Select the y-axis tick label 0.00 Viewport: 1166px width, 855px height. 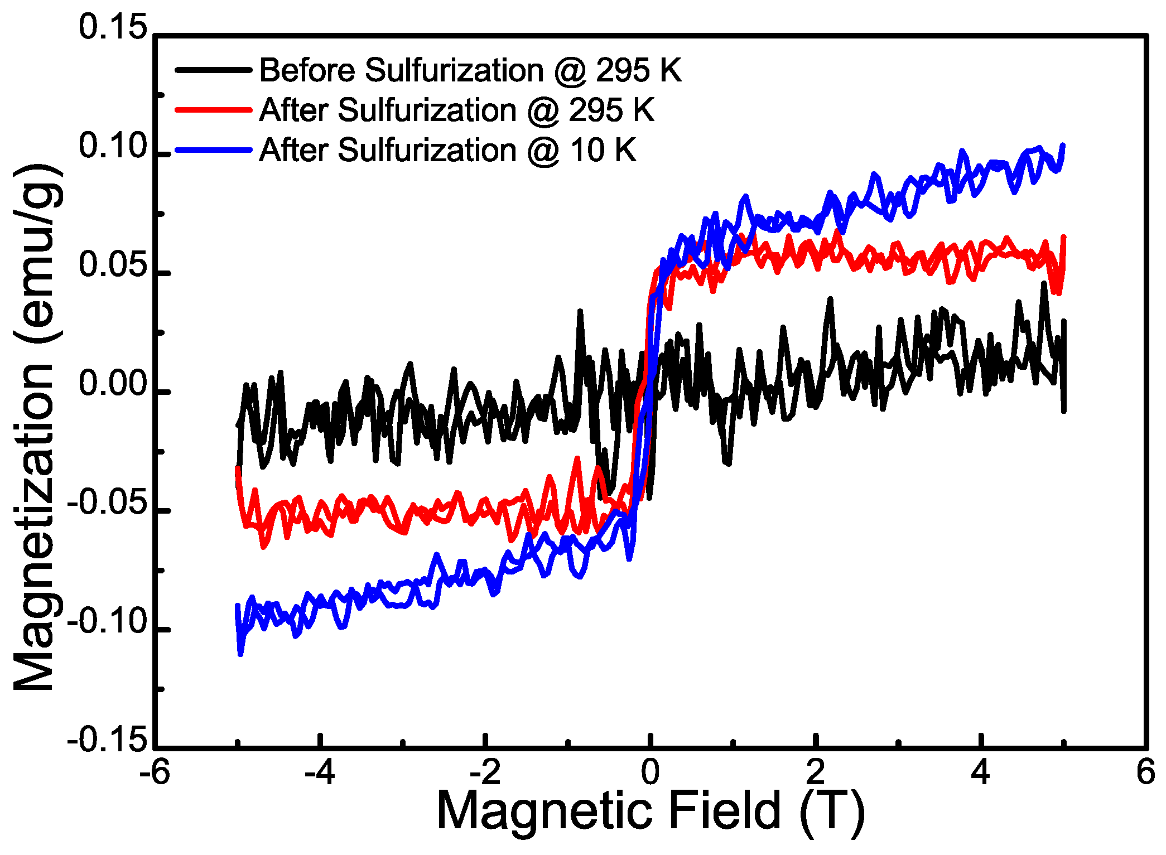[x=113, y=384]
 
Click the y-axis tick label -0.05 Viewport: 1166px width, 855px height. [x=108, y=504]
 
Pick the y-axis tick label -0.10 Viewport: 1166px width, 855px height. [x=108, y=622]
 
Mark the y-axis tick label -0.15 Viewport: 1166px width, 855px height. [x=108, y=741]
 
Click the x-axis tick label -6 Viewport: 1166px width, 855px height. [x=155, y=773]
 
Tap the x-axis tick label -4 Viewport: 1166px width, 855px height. [x=320, y=773]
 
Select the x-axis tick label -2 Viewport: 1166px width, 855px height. [x=485, y=773]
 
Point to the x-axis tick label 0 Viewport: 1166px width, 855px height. [x=651, y=773]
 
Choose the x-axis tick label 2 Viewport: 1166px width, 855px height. [x=816, y=773]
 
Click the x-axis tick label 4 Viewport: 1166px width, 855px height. [x=980, y=773]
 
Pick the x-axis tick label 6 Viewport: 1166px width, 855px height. [x=1145, y=773]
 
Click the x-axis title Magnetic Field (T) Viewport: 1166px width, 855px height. [x=651, y=813]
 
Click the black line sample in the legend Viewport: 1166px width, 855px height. [x=213, y=70]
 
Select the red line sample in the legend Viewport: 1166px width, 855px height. [x=213, y=110]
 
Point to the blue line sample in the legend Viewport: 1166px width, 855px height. [x=213, y=150]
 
